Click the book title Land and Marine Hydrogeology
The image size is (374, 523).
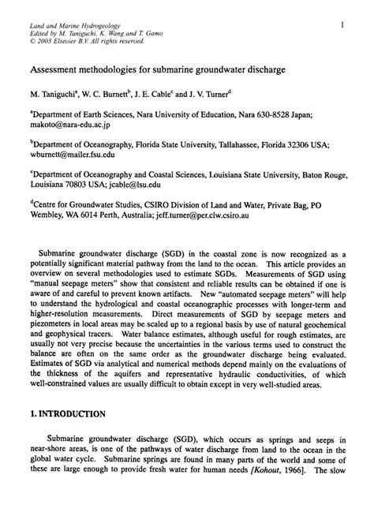(69, 26)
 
